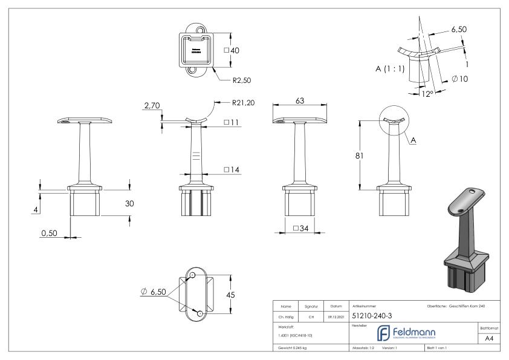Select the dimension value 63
(299, 102)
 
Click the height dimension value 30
(129, 204)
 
